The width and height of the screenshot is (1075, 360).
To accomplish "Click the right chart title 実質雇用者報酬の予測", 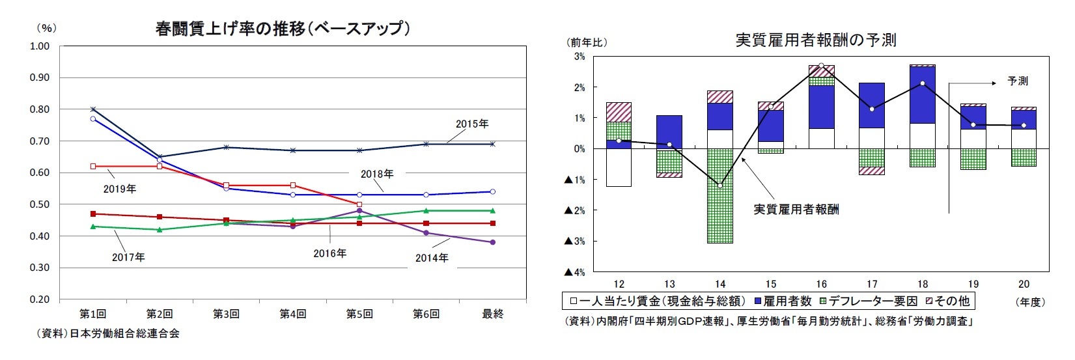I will (815, 40).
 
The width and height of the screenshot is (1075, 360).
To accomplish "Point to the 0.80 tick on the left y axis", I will (40, 109).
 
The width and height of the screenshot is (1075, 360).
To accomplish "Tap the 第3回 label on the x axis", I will (226, 314).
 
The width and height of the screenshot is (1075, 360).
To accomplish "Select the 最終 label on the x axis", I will (492, 314).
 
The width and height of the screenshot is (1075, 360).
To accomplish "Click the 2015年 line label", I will (471, 124).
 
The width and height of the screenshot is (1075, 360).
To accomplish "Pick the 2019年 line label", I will (120, 189).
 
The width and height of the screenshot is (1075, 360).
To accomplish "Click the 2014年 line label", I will (432, 258).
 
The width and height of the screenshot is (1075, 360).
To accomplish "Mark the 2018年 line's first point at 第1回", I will (93, 118).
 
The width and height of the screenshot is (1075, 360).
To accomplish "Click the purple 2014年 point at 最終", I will (492, 242).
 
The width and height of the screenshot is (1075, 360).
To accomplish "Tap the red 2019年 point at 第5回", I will (359, 204).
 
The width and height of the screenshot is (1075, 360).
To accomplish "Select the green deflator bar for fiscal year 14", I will (719, 195).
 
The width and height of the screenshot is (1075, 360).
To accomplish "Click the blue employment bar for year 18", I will (923, 95).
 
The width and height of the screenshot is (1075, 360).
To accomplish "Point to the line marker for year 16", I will (821, 66).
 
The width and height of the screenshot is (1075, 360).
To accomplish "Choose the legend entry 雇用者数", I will (783, 301).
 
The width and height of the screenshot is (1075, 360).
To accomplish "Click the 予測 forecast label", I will (1017, 82).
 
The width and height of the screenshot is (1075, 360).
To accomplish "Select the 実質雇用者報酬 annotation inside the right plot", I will (796, 210).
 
